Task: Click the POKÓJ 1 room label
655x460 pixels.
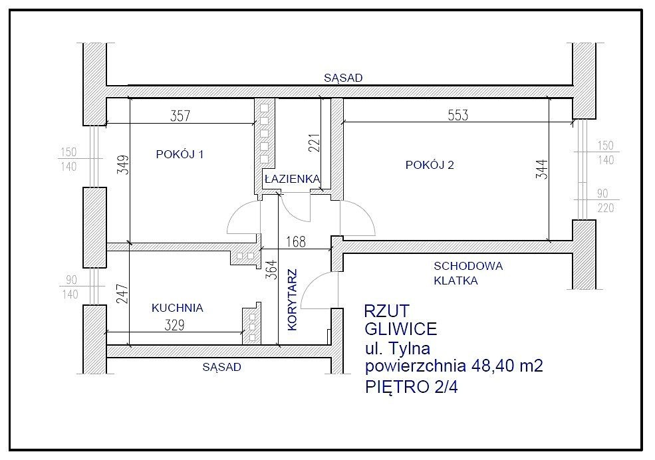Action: point(180,154)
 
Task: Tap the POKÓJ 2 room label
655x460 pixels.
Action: point(430,165)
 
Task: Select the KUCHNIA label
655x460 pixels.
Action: point(177,308)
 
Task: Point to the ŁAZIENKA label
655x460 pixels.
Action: point(293,179)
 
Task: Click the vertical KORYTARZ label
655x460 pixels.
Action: point(293,300)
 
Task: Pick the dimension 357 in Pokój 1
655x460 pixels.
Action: point(180,116)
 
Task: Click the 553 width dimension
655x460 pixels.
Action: point(458,115)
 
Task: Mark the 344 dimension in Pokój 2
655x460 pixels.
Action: point(541,170)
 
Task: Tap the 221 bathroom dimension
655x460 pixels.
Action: point(315,143)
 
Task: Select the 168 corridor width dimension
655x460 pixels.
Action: point(296,242)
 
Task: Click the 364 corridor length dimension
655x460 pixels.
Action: point(271,270)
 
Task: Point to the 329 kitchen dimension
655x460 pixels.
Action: point(175,325)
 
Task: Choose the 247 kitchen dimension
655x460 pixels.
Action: point(122,294)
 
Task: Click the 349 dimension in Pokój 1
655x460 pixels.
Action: point(123,165)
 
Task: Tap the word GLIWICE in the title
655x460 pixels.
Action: point(400,329)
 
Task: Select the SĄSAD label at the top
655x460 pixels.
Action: point(343,78)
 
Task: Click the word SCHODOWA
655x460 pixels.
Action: point(468,266)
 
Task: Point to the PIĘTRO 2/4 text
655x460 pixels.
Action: point(412,386)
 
